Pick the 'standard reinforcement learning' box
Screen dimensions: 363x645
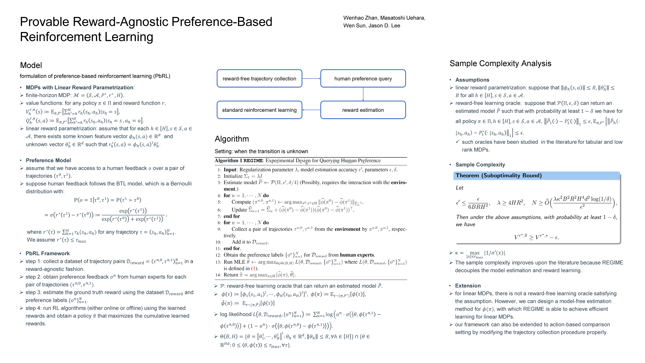[x=259, y=110]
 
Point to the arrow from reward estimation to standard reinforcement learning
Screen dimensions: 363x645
[x=311, y=110]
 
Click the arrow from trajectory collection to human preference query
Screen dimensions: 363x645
[x=311, y=78]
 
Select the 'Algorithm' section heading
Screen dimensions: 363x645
[x=232, y=139]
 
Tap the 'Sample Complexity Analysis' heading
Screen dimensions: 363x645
[x=500, y=63]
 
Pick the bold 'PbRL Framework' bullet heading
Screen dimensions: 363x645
[x=48, y=253]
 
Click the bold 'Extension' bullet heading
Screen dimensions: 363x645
[x=468, y=286]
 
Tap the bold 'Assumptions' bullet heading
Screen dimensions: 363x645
[x=472, y=80]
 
